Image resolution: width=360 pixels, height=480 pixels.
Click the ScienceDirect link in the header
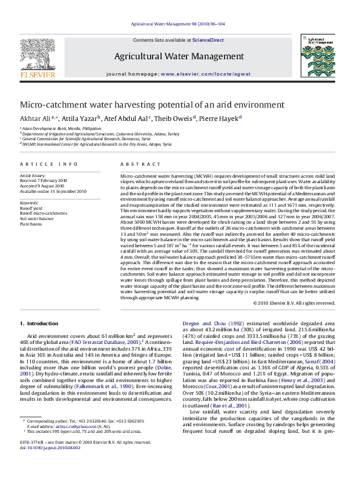208,39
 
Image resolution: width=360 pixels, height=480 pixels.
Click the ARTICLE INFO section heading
46,164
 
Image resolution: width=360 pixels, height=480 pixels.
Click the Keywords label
28,201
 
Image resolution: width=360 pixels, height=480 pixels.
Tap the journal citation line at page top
180,24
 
